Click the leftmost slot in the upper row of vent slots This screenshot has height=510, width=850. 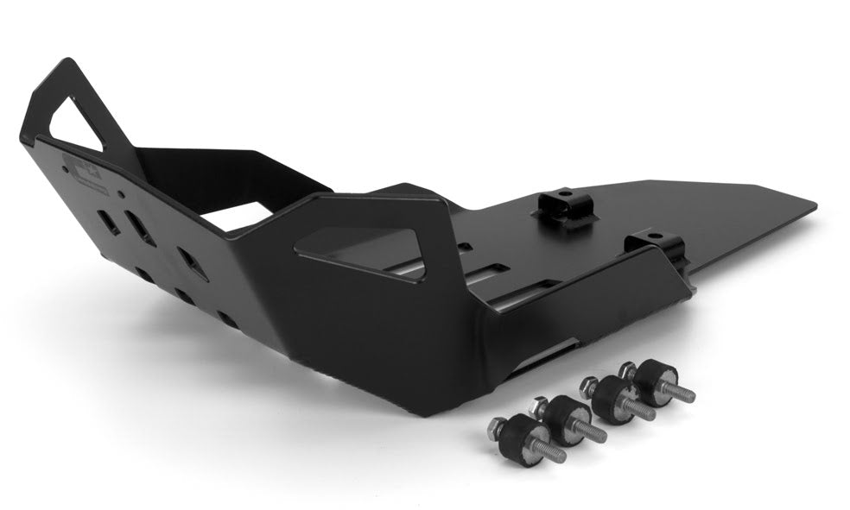110,222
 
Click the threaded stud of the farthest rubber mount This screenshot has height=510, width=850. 679,394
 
